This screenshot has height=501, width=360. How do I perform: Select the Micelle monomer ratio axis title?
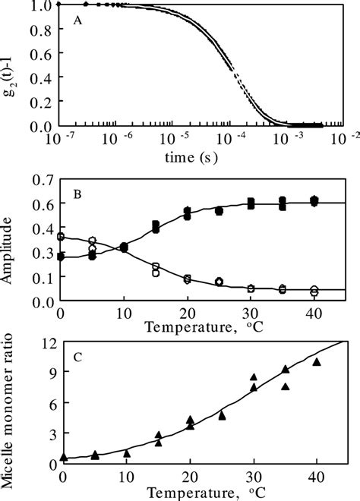coord(11,410)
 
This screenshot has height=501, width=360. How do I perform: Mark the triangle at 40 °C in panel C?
coord(317,361)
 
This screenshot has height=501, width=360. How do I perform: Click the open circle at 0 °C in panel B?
coord(62,237)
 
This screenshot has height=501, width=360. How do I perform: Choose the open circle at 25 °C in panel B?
coord(219,282)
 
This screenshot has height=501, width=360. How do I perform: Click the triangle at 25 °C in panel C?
coord(222,415)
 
